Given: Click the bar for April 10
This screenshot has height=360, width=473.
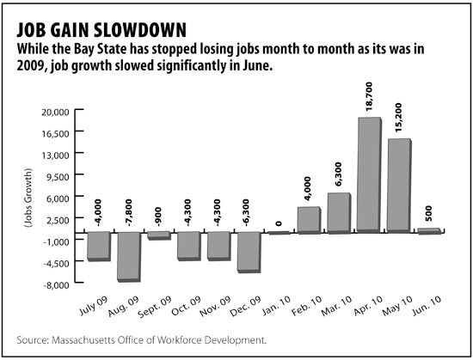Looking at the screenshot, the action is pyautogui.click(x=370, y=174).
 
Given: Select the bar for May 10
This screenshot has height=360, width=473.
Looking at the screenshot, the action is pyautogui.click(x=399, y=186).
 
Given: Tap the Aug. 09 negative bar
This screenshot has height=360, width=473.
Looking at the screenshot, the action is pyautogui.click(x=129, y=257).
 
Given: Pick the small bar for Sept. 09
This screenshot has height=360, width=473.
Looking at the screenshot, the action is pyautogui.click(x=159, y=236).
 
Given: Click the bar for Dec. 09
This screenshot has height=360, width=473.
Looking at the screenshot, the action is pyautogui.click(x=249, y=253).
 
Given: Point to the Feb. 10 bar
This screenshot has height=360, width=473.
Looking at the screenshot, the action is pyautogui.click(x=310, y=220).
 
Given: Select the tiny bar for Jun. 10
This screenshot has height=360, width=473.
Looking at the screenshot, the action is pyautogui.click(x=429, y=231).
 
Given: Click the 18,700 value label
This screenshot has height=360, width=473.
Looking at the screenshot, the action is pyautogui.click(x=369, y=96).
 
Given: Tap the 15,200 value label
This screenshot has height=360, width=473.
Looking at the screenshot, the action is pyautogui.click(x=398, y=118).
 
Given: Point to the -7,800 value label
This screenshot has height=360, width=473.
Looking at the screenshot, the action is pyautogui.click(x=129, y=213).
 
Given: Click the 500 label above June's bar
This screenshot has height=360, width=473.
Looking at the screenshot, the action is pyautogui.click(x=428, y=214).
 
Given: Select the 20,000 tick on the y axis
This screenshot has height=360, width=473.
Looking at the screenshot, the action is pyautogui.click(x=56, y=113).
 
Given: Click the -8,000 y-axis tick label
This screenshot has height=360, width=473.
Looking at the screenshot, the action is pyautogui.click(x=56, y=285).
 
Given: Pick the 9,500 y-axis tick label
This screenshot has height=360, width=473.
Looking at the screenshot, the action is pyautogui.click(x=58, y=177).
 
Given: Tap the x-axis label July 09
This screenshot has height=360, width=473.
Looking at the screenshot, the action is pyautogui.click(x=94, y=306).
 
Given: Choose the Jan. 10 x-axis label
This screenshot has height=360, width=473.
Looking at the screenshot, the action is pyautogui.click(x=276, y=305).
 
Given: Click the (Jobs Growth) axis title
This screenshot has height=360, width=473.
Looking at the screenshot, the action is pyautogui.click(x=28, y=198).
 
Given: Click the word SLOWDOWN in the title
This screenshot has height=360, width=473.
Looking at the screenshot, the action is pyautogui.click(x=139, y=30).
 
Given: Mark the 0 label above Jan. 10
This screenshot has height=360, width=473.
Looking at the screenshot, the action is pyautogui.click(x=279, y=223).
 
